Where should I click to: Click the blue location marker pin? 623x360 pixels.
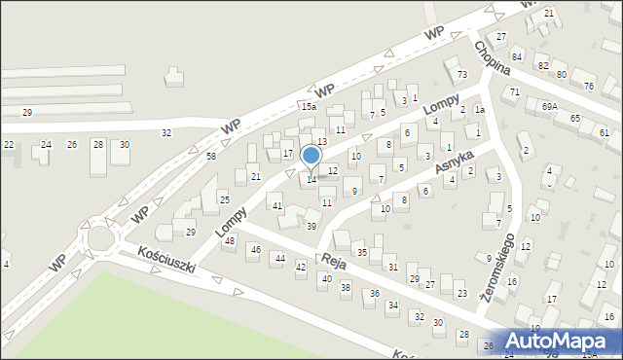tap(311, 156)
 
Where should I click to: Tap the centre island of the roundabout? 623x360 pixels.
tap(102, 238)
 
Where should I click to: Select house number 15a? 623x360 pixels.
tap(309, 106)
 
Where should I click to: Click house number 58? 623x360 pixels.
tap(211, 156)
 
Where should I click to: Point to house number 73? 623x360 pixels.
tap(462, 75)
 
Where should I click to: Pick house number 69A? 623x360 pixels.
tap(550, 105)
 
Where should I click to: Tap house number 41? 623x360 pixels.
tap(277, 206)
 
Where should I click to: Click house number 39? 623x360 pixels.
tap(311, 226)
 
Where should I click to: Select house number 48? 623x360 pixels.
tap(229, 240)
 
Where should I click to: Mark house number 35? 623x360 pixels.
tap(361, 253)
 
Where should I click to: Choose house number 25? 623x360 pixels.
tap(224, 199)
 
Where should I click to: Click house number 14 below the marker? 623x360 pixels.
tap(311, 179)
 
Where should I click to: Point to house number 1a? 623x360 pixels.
tap(479, 110)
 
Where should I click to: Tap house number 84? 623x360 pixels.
tap(517, 57)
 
